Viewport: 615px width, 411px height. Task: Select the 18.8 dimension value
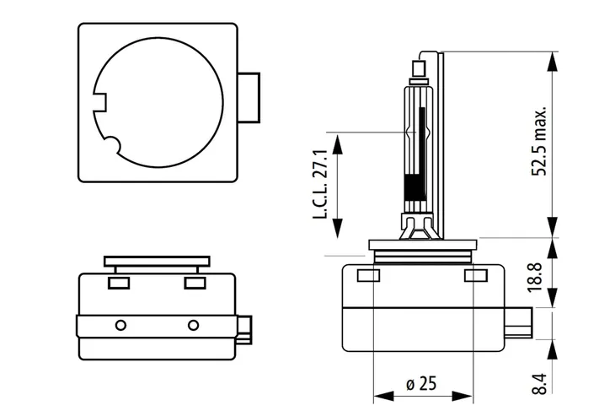pyautogui.click(x=535, y=278)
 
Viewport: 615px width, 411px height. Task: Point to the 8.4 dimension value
pyautogui.click(x=540, y=383)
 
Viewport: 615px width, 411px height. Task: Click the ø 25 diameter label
pyautogui.click(x=421, y=383)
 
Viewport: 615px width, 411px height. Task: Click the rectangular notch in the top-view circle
pyautogui.click(x=99, y=103)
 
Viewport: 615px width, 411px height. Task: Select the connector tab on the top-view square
pyautogui.click(x=249, y=97)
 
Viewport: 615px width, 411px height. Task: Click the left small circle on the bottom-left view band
pyautogui.click(x=120, y=326)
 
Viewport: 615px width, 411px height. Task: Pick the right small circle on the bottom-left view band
pyautogui.click(x=193, y=326)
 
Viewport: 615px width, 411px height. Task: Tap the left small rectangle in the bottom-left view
pyautogui.click(x=119, y=283)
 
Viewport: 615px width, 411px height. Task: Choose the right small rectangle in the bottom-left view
pyautogui.click(x=195, y=283)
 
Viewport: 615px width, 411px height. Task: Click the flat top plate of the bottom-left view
pyautogui.click(x=157, y=262)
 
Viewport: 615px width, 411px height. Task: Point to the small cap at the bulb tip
pyautogui.click(x=420, y=68)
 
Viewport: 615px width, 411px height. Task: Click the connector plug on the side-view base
pyautogui.click(x=518, y=322)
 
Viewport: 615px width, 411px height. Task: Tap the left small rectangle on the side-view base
pyautogui.click(x=368, y=276)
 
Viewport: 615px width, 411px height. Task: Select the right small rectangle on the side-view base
pyautogui.click(x=476, y=276)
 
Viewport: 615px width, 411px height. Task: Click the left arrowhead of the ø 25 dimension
pyautogui.click(x=383, y=396)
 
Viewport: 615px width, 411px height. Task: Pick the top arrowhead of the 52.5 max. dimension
pyautogui.click(x=553, y=62)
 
